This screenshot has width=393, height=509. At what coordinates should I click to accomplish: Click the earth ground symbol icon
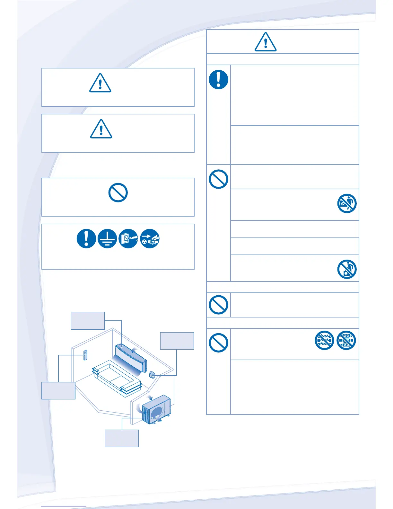pyautogui.click(x=107, y=239)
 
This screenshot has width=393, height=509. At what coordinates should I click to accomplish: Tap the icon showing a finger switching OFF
pyautogui.click(x=128, y=239)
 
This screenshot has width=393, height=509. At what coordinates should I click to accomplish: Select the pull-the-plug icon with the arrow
pyautogui.click(x=150, y=239)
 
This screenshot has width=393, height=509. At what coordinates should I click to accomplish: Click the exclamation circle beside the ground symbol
pyautogui.click(x=86, y=239)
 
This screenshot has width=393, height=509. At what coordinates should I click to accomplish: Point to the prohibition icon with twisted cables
pyautogui.click(x=325, y=340)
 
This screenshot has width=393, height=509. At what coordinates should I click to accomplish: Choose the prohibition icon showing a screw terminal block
pyautogui.click(x=346, y=340)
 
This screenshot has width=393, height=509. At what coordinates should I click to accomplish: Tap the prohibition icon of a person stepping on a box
pyautogui.click(x=347, y=269)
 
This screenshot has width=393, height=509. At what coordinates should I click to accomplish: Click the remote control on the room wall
pyautogui.click(x=85, y=355)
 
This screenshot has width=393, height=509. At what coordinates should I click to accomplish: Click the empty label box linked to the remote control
pyautogui.click(x=58, y=390)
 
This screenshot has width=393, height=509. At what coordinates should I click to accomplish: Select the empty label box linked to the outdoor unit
pyautogui.click(x=122, y=438)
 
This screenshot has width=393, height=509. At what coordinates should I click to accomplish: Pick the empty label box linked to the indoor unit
pyautogui.click(x=88, y=320)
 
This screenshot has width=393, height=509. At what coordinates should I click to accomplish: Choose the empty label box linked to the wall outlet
pyautogui.click(x=177, y=341)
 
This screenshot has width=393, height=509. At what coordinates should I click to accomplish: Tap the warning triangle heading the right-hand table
pyautogui.click(x=266, y=42)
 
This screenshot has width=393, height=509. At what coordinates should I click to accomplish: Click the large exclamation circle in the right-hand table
pyautogui.click(x=219, y=79)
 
